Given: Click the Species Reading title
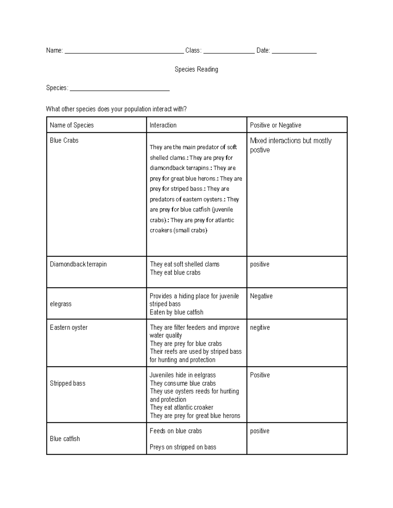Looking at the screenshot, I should [196, 69].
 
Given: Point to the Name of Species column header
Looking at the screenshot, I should [72, 125].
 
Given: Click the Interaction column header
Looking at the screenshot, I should [163, 125].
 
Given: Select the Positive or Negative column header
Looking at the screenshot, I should [275, 125].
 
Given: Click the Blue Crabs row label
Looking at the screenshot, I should [64, 141].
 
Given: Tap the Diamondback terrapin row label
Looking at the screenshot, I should [78, 264].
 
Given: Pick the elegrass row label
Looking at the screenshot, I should [61, 304].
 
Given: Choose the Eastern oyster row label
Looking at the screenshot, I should [69, 327].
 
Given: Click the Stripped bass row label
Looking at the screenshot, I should [67, 383].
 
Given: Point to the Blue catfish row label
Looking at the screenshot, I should [65, 439].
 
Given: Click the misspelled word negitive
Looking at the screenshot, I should [260, 327].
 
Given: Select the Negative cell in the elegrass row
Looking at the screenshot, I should [261, 296].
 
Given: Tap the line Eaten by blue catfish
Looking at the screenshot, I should [177, 312].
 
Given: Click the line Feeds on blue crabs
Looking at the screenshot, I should [176, 431].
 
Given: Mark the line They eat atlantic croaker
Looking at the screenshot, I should [182, 408].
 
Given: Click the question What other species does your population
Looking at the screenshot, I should [116, 109].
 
